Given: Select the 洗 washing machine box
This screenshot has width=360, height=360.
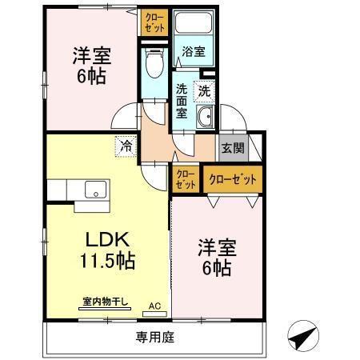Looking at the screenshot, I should tap(205, 91).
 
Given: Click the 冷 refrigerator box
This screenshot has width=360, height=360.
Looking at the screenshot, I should tap(126, 146).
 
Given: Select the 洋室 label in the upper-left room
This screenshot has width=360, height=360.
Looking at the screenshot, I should tap(91, 57).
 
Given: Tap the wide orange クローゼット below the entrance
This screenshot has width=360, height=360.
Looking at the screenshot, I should tap(233, 179).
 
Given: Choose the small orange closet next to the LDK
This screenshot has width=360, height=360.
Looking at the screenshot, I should tap(185, 179).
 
